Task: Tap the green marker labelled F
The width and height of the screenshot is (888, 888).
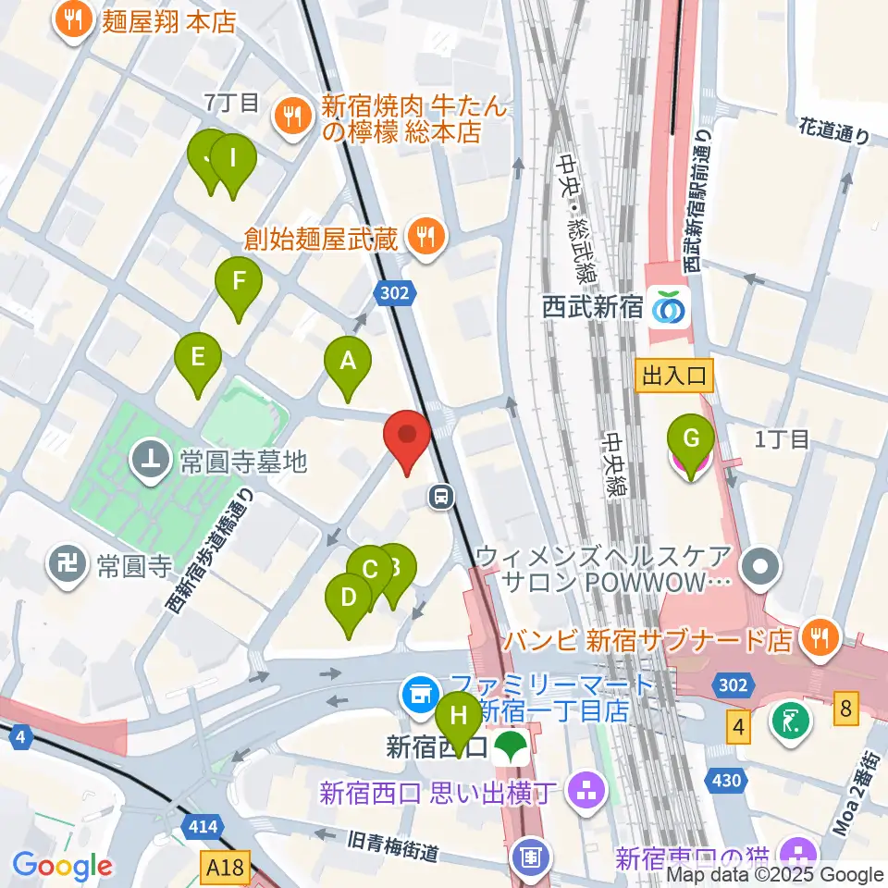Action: point(239,282)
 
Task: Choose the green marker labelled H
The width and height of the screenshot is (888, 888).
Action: point(457,718)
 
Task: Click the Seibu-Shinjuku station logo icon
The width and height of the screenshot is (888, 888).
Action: point(669,307)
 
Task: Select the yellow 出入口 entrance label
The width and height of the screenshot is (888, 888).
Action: point(672,375)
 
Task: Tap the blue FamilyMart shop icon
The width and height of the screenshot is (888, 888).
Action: point(422,690)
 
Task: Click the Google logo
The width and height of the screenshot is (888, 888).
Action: point(63,866)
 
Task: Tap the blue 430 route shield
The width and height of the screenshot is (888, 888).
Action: point(727,781)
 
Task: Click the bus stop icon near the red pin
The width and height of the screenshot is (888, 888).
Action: point(441,498)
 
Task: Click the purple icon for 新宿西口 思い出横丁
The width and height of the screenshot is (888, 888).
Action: point(584,791)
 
